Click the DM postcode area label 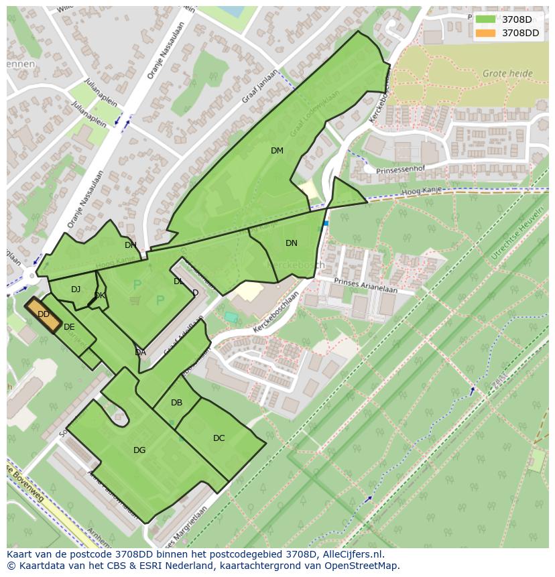click(x=277, y=151)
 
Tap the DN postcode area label click(x=291, y=243)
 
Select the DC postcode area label click(x=219, y=438)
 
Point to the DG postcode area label click(x=139, y=450)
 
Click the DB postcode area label click(x=176, y=403)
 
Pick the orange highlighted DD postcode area click(x=44, y=314)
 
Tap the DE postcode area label click(x=69, y=327)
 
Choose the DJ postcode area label click(x=76, y=290)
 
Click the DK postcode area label click(x=99, y=296)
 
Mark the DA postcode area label click(x=140, y=352)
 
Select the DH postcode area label click(x=130, y=245)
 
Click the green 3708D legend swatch click(x=485, y=19)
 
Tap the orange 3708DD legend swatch click(x=485, y=33)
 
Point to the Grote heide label click(x=507, y=74)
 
